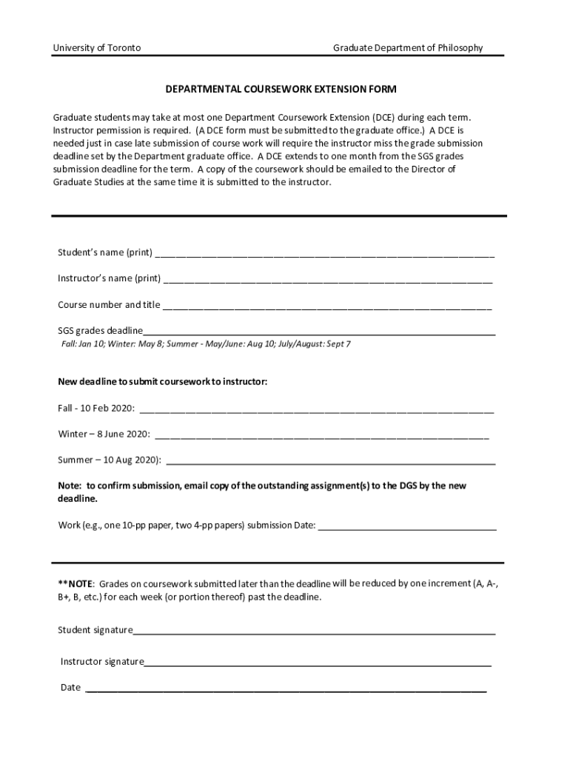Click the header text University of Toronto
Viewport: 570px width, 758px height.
pyautogui.click(x=96, y=48)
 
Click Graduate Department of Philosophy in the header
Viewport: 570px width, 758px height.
pyautogui.click(x=407, y=48)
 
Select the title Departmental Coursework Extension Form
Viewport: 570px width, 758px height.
pyautogui.click(x=281, y=90)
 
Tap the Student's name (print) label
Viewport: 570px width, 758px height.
pyautogui.click(x=105, y=252)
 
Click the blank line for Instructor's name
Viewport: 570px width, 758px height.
pyautogui.click(x=328, y=281)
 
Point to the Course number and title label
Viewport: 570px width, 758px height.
pyautogui.click(x=109, y=305)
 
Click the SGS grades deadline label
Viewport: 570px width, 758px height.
pyautogui.click(x=100, y=330)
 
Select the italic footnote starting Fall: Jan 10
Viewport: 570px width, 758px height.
pyautogui.click(x=205, y=344)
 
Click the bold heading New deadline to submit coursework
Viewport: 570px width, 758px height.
pyautogui.click(x=163, y=382)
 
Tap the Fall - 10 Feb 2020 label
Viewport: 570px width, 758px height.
pyautogui.click(x=96, y=409)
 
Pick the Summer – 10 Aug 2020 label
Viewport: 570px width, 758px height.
pyautogui.click(x=110, y=460)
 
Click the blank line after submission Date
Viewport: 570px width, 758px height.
pyautogui.click(x=407, y=529)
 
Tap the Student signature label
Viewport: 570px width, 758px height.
pyautogui.click(x=95, y=630)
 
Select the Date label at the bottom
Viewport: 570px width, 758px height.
pyautogui.click(x=70, y=688)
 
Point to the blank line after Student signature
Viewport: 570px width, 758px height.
pyautogui.click(x=315, y=633)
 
